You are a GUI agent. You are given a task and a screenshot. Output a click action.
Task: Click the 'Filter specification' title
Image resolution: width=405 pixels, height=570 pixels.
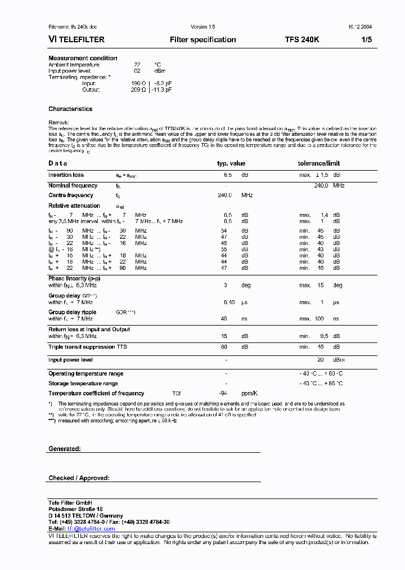click(x=202, y=40)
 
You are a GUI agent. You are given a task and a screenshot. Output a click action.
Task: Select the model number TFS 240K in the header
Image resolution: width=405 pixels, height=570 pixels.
click(x=301, y=40)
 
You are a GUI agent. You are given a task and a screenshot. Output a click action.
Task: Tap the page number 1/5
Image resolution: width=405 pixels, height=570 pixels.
click(x=366, y=40)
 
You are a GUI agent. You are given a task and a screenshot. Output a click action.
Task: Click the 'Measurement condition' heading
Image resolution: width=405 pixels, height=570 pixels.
click(x=83, y=58)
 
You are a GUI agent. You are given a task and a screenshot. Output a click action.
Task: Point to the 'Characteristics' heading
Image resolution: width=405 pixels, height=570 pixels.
click(x=70, y=109)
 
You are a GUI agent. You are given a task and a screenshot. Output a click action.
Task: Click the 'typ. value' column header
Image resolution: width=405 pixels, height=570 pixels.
click(x=231, y=163)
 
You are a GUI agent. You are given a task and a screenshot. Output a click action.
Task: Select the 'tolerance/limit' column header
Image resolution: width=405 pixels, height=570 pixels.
click(x=318, y=163)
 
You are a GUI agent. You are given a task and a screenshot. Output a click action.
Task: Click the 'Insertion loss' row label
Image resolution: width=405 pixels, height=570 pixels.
click(x=66, y=175)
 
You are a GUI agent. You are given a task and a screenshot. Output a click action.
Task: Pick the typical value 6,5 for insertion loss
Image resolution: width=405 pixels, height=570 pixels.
click(x=228, y=175)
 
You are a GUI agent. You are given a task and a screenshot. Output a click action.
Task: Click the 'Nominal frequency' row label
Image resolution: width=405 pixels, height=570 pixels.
click(x=73, y=185)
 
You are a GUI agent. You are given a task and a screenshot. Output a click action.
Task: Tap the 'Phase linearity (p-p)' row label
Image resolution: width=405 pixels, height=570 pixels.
click(x=75, y=279)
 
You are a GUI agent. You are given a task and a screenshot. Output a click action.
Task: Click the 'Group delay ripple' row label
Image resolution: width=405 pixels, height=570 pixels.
click(x=72, y=312)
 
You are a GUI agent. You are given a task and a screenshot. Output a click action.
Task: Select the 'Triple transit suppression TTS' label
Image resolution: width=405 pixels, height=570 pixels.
click(x=87, y=347)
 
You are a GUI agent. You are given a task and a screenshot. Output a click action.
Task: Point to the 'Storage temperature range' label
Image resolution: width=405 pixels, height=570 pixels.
click(x=83, y=384)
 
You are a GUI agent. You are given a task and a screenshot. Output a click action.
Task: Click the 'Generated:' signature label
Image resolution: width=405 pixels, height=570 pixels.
click(x=65, y=449)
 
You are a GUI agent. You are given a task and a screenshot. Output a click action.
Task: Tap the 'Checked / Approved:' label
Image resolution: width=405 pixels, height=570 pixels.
click(x=79, y=478)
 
